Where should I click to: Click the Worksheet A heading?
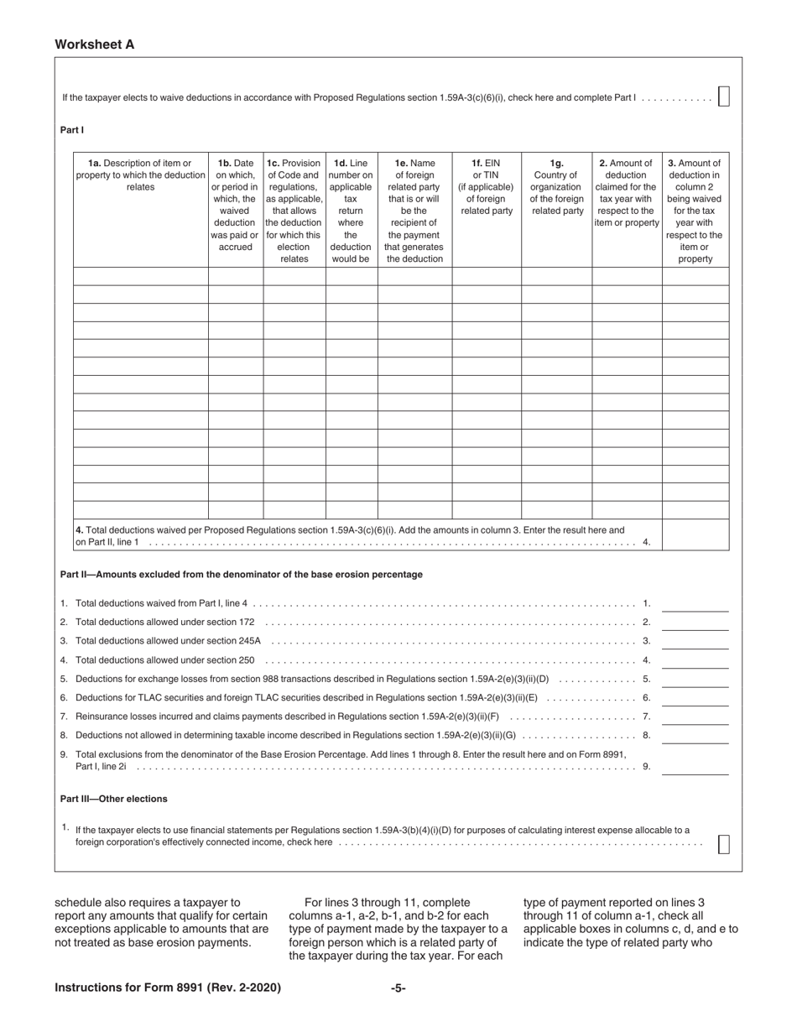point(94,44)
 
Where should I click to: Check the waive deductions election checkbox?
point(724,96)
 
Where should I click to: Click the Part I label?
point(72,130)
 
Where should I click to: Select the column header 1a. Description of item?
point(140,175)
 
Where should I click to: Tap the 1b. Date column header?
point(235,205)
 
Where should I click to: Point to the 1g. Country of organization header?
point(556,186)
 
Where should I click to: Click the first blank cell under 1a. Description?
point(140,277)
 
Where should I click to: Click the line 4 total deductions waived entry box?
point(695,535)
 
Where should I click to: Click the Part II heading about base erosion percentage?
point(241,575)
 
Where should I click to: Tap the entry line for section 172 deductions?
point(695,622)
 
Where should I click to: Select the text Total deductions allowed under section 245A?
point(168,641)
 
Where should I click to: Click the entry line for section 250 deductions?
point(695,659)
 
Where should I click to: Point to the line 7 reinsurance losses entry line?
point(695,717)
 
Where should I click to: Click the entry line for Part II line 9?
point(695,766)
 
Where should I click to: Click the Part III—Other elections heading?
point(113,799)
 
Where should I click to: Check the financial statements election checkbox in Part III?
point(724,844)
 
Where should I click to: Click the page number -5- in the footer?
point(398,988)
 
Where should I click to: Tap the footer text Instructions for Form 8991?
point(167,988)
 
